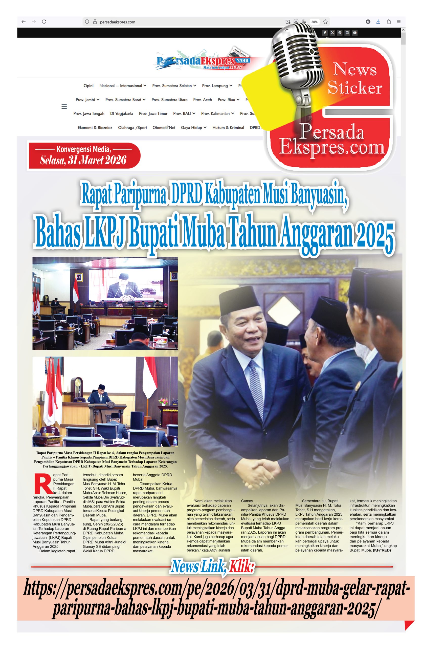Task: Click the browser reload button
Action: [x=44, y=22]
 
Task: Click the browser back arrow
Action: [x=24, y=22]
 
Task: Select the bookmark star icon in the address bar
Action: [x=325, y=22]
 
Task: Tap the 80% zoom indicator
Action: [x=314, y=22]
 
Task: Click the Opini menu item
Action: [x=88, y=86]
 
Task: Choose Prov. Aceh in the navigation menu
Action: [x=202, y=100]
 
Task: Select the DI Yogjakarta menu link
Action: [x=121, y=114]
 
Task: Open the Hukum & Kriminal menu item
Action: [x=228, y=127]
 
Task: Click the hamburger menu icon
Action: [x=64, y=107]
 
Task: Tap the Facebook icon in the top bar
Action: [x=325, y=33]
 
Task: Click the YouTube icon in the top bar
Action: [x=355, y=33]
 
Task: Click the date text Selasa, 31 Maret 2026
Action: [x=83, y=160]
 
